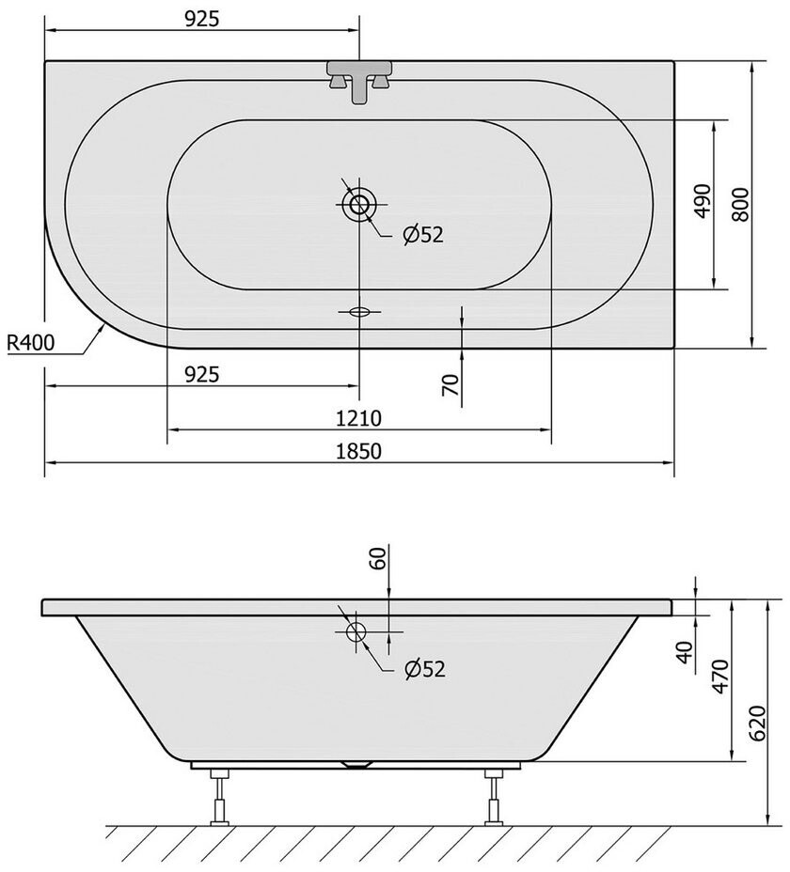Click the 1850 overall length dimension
358,451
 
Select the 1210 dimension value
358,418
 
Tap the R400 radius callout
31,343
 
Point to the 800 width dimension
740,205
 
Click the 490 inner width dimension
703,201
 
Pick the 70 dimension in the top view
450,385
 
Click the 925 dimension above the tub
202,19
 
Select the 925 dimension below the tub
202,375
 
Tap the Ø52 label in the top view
423,235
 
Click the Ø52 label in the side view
425,669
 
